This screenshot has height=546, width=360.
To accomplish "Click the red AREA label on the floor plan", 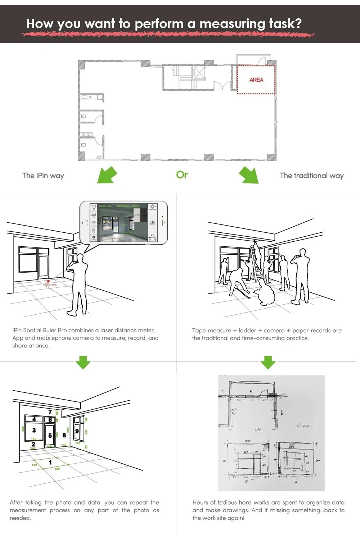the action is pyautogui.click(x=256, y=79).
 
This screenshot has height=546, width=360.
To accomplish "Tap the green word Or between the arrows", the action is pyautogui.click(x=182, y=175).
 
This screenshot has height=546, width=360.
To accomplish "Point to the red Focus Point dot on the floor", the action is pyautogui.click(x=48, y=281).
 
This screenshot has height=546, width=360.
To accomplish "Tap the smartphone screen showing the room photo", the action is pyautogui.click(x=123, y=222).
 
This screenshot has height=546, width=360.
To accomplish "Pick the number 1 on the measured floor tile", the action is pyautogui.click(x=50, y=462).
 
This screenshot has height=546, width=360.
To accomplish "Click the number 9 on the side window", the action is pyautogui.click(x=77, y=431).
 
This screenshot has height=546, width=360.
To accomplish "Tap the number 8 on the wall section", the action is pyautogui.click(x=64, y=435).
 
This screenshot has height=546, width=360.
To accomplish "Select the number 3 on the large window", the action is pyautogui.click(x=34, y=430).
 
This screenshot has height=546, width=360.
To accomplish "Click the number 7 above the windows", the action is pyautogui.click(x=50, y=412).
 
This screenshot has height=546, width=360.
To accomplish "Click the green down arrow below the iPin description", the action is pyautogui.click(x=83, y=362).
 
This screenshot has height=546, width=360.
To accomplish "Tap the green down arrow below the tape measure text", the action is pyautogui.click(x=268, y=362).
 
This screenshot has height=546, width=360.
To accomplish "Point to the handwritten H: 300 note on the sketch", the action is pyautogui.click(x=302, y=426).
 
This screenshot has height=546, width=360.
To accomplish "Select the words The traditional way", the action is pyautogui.click(x=311, y=176).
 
